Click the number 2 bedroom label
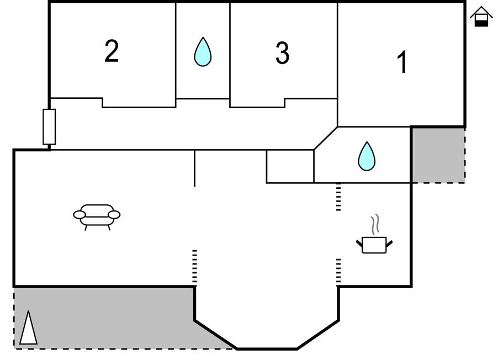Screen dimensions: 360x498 [112, 51]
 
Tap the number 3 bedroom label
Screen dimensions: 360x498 [282, 53]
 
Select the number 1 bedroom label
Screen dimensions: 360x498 [402, 62]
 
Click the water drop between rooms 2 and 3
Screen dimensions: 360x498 [203, 52]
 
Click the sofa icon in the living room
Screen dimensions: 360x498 [97, 216]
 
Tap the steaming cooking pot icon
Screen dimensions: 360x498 [374, 243]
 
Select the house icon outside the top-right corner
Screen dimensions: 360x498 [481, 17]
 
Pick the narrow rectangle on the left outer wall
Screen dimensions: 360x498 [49, 127]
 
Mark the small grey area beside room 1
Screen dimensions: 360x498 [438, 155]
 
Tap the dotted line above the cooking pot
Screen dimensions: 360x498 [338, 198]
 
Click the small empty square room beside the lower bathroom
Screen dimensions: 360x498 [290, 166]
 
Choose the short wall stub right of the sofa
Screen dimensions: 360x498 [194, 168]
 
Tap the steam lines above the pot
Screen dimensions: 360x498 [375, 224]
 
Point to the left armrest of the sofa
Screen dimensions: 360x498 [80, 214]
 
